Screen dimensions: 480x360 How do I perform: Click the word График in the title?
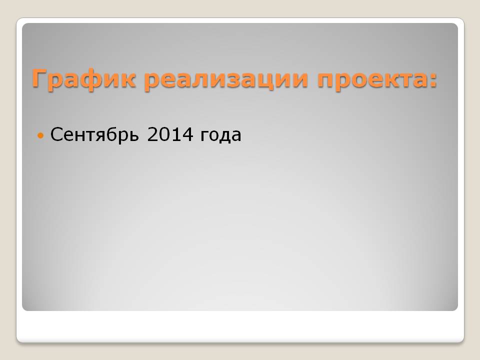[83, 79]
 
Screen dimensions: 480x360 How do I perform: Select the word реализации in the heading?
[226, 79]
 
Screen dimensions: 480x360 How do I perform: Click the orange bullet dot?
[40, 134]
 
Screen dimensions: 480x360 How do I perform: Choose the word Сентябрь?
[94, 134]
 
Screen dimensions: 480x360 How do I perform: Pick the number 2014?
[170, 134]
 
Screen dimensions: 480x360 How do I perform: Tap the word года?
[220, 136]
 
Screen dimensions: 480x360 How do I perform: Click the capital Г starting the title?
[40, 78]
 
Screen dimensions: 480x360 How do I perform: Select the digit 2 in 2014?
[152, 134]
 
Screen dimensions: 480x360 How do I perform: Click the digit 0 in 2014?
[164, 134]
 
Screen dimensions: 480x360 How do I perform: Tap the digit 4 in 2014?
[187, 134]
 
